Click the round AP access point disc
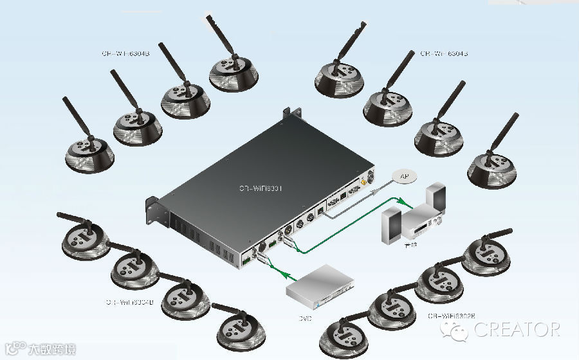tap(404, 177)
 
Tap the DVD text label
tap(305, 317)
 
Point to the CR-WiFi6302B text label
tap(452, 316)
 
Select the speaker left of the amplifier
tap(392, 226)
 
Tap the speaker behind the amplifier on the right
tap(436, 198)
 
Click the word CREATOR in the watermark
tap(517, 330)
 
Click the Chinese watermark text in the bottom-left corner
tap(51, 350)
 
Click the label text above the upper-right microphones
tap(444, 54)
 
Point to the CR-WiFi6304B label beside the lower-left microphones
tap(129, 301)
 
